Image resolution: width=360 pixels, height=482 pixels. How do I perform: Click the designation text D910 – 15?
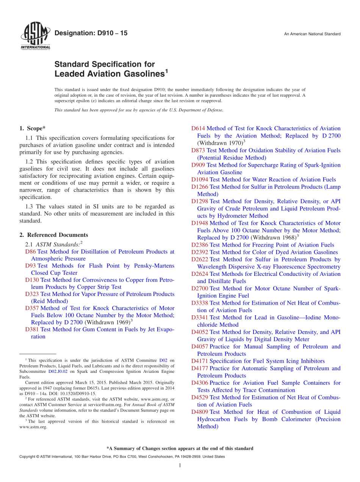pos(91,33)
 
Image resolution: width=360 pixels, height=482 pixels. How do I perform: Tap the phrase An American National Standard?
pos(312,34)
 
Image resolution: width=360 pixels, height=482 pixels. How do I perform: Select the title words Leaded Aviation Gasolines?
pos(109,74)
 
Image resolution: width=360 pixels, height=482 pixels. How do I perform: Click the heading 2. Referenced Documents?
pos(53,235)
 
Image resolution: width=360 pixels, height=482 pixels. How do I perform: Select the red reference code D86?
pos(31,252)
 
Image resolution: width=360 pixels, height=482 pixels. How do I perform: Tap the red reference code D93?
pos(31,266)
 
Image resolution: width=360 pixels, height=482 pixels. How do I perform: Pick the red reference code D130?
pos(32,280)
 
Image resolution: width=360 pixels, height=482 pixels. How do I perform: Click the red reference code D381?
pos(32,329)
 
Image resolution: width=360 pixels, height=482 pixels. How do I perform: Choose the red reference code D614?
pos(198,128)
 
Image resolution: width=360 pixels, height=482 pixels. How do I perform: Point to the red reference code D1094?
pos(200,180)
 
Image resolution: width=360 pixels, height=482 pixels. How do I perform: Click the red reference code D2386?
pos(200,245)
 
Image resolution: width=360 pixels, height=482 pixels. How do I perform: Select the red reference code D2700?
pos(200,288)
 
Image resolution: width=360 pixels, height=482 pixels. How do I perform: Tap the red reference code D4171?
pos(200,361)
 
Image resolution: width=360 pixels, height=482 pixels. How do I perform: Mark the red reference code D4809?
pos(200,412)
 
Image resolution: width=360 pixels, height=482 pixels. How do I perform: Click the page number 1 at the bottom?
pos(180,466)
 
